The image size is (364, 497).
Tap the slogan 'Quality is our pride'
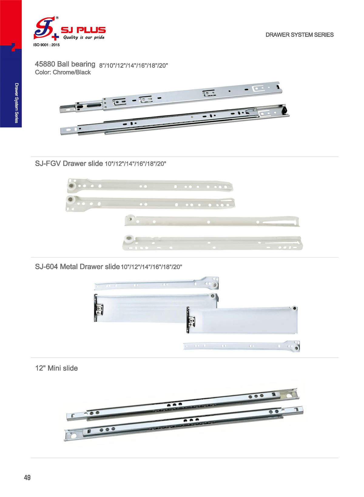[84, 37]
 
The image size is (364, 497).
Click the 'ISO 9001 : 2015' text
[46, 45]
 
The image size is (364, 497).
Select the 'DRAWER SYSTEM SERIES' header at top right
[299, 35]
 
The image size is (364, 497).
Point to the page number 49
[27, 478]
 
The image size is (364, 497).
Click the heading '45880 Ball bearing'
[65, 64]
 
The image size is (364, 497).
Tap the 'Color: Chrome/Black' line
[63, 72]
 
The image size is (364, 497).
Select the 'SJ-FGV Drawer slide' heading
[69, 163]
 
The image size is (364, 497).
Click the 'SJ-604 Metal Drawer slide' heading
[77, 267]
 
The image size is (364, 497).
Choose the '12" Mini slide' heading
[57, 368]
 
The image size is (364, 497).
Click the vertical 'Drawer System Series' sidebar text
[17, 103]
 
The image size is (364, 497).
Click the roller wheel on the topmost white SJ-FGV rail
[72, 186]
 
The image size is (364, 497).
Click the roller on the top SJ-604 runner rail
[214, 285]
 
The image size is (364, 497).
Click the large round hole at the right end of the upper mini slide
[289, 396]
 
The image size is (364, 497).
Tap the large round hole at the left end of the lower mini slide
[74, 436]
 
